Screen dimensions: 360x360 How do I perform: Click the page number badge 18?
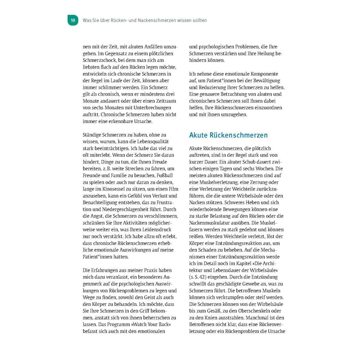pos(73,20)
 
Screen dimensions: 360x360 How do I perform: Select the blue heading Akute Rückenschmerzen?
pos(228,135)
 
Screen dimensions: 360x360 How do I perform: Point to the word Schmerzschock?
pos(97,60)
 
